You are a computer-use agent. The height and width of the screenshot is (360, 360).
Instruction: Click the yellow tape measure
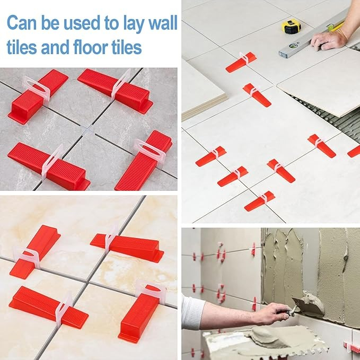click(x=291, y=27)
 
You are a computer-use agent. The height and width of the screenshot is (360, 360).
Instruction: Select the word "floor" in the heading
click(x=91, y=47)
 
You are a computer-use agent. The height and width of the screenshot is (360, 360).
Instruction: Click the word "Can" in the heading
click(x=22, y=23)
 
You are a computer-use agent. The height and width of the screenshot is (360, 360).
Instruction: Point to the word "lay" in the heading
click(x=134, y=24)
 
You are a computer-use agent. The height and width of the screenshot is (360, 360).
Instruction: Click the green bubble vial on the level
click(x=293, y=46)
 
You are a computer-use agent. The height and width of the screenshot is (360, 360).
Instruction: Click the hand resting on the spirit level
click(x=329, y=39)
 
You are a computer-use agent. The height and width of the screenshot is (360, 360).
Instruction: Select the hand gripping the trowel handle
click(x=273, y=313)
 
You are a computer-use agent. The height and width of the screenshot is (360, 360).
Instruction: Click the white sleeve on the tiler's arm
click(x=192, y=312)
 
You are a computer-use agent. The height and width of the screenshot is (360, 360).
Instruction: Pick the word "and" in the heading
click(x=55, y=47)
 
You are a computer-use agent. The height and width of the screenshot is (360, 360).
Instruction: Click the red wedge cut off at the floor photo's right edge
click(x=354, y=152)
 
